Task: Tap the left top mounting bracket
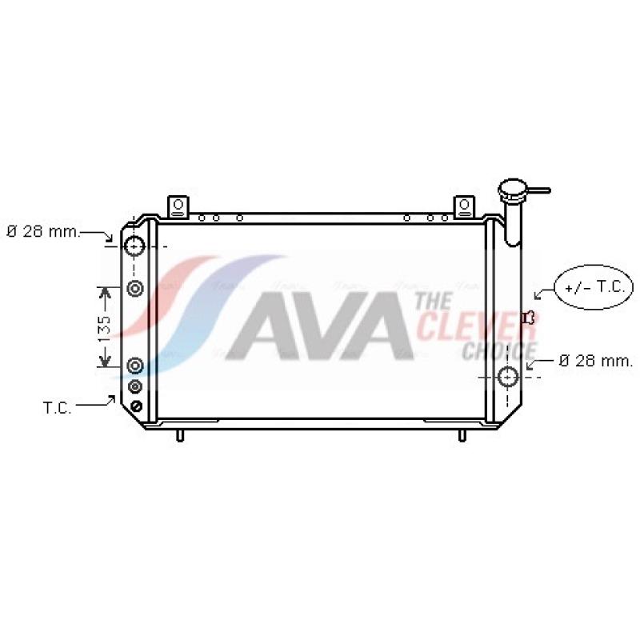coord(178,206)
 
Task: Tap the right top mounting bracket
coord(465,206)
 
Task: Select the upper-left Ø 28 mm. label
coord(44,232)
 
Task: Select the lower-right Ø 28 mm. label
coord(596,361)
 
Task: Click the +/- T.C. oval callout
coord(594,287)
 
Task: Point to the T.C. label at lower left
coord(57,407)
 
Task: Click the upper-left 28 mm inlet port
coord(134,246)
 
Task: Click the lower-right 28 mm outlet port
coord(508,377)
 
